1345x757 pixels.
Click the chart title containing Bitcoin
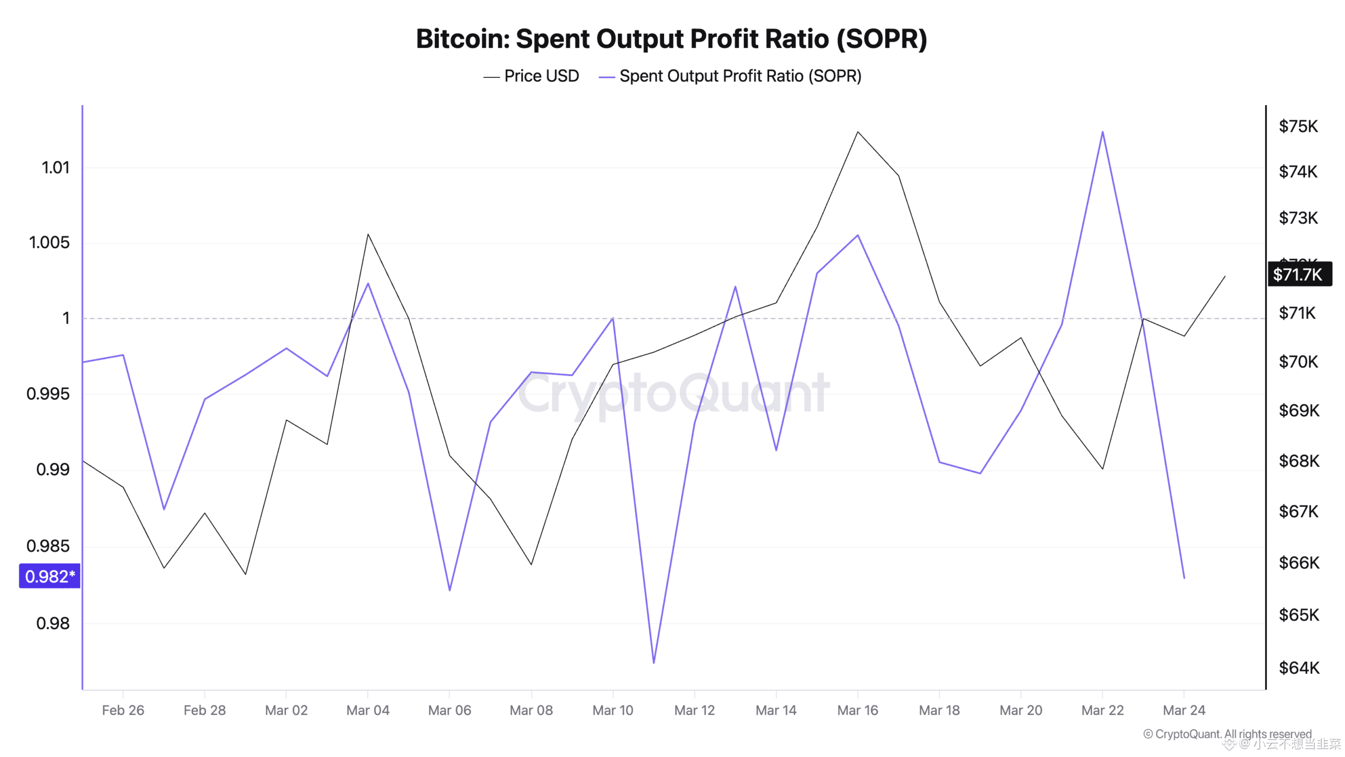click(x=671, y=39)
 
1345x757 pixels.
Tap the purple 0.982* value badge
click(x=49, y=576)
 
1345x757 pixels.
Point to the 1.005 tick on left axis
click(x=49, y=242)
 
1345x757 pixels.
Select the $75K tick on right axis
click(x=1298, y=126)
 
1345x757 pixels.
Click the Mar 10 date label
click(x=613, y=710)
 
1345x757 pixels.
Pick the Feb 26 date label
click(x=123, y=710)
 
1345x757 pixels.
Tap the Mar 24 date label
click(x=1183, y=710)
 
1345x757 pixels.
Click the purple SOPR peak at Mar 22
click(x=1102, y=132)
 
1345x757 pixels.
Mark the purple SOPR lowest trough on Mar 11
click(x=654, y=662)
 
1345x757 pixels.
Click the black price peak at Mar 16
click(x=857, y=132)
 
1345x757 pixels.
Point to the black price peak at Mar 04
click(x=368, y=234)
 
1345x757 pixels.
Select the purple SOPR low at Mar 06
click(x=450, y=590)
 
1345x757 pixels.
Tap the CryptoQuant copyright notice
click(x=1227, y=734)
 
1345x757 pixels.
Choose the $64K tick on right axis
click(x=1298, y=668)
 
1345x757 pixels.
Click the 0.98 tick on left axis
click(x=53, y=623)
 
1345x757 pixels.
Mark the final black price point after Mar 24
click(x=1225, y=277)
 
